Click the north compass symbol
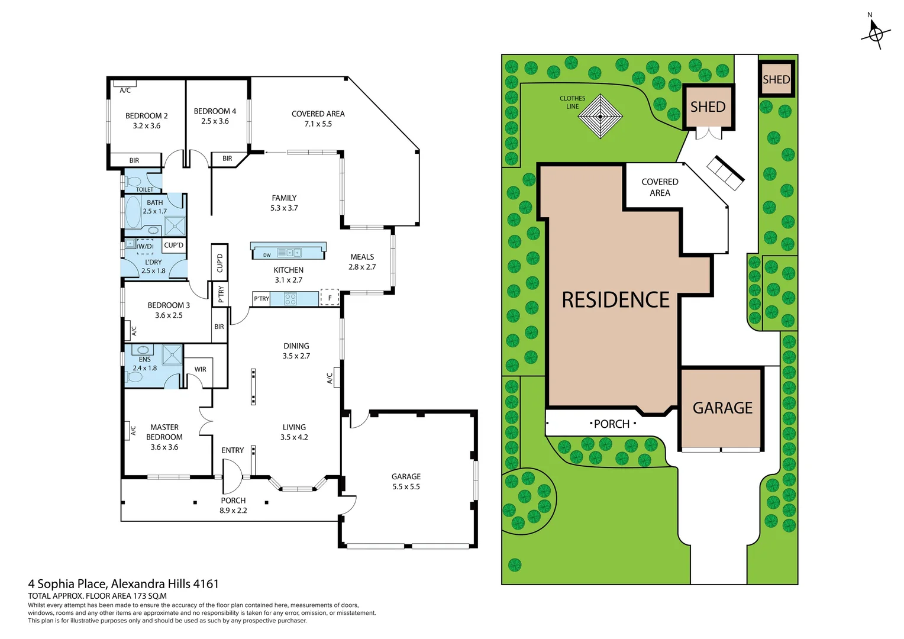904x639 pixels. pos(875,33)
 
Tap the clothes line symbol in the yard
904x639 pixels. pos(600,117)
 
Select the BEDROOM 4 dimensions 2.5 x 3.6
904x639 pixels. pos(215,121)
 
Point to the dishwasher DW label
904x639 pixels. pos(267,255)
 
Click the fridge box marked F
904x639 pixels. pos(330,298)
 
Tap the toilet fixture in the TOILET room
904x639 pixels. pos(134,181)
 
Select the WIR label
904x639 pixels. pos(201,369)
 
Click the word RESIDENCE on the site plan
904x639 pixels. pos(615,300)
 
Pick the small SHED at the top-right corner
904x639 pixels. pos(776,79)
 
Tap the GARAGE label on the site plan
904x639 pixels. pos(722,408)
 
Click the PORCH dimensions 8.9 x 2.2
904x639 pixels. pos(233,511)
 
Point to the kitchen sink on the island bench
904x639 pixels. pos(289,253)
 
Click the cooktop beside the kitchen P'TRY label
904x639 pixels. pos(290,299)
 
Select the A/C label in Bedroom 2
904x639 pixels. pos(125,91)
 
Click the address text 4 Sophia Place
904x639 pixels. pos(69,584)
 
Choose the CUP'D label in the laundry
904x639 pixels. pos(174,245)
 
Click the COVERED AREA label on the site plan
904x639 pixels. pos(660,188)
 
